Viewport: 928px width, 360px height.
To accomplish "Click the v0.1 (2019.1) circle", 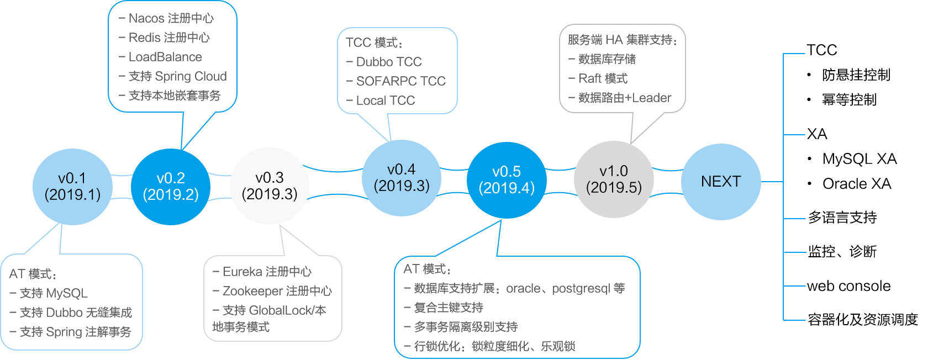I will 72,187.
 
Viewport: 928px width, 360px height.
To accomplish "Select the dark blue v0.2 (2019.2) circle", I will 171,187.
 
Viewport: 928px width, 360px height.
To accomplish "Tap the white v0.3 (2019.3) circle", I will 270,186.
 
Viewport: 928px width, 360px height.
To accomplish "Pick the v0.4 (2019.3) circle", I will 402,178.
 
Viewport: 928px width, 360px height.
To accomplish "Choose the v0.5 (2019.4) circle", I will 507,180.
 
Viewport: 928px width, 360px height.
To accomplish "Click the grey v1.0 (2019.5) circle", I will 614,179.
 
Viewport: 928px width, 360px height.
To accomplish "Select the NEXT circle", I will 720,182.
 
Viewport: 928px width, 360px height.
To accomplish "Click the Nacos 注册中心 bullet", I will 171,18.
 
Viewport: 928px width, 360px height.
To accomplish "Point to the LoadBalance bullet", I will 165,57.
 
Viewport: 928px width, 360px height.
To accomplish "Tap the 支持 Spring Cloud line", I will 177,76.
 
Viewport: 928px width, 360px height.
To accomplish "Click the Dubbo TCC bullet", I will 388,62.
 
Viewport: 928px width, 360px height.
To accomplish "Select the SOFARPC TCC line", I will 400,81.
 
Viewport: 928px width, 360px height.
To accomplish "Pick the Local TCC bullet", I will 385,100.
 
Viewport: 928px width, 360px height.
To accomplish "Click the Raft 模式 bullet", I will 603,78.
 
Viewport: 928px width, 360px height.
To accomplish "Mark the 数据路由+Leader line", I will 624,98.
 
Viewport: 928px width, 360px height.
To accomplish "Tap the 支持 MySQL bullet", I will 53,293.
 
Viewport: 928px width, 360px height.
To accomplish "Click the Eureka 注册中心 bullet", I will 267,272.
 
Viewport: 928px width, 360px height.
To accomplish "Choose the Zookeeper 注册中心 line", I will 277,291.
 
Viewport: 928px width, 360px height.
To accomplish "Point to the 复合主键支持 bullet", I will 448,308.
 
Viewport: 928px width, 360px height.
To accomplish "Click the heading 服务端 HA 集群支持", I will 622,40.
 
